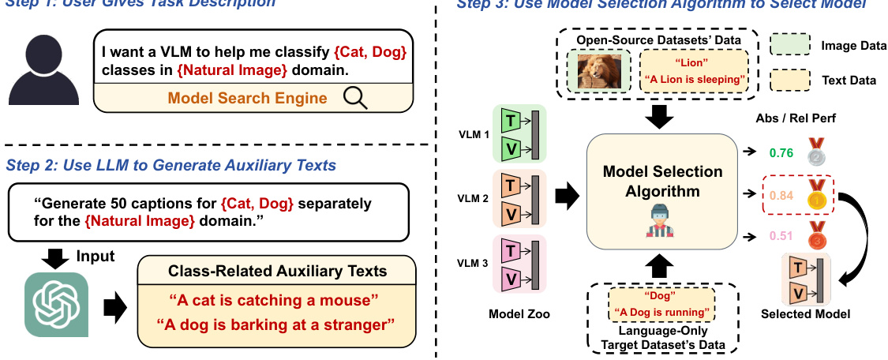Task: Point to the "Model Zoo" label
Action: [519, 313]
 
